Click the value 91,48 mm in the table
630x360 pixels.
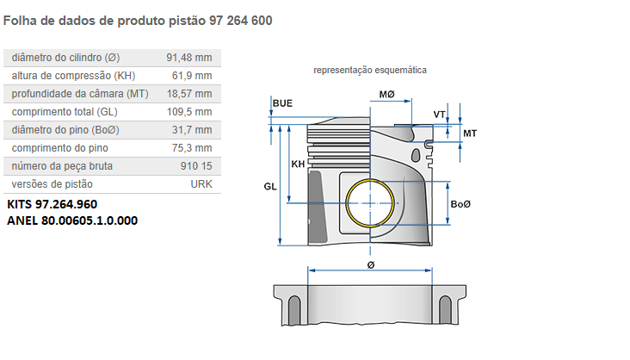[188, 58]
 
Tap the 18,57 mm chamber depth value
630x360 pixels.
[188, 94]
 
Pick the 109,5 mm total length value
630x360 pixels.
[188, 112]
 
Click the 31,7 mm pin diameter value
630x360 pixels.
[192, 130]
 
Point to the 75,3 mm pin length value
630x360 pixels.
[192, 148]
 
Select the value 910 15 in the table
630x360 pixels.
[195, 166]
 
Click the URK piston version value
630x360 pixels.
[201, 184]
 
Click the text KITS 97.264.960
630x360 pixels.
[52, 205]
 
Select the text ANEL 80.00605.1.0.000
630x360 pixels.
[72, 220]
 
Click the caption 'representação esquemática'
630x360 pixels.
[370, 70]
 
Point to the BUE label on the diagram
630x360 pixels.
[282, 103]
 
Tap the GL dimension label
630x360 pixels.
[269, 185]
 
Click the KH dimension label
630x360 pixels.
[298, 164]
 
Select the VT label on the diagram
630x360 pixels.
[439, 115]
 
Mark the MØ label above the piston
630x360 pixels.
[386, 93]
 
